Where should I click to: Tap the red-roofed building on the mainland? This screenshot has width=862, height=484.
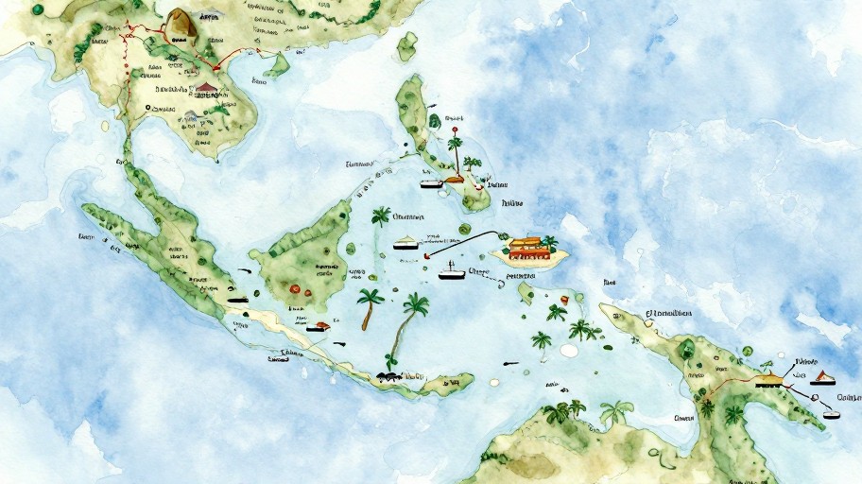pos(206,90)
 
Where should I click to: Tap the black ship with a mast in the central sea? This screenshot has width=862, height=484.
pos(452,274)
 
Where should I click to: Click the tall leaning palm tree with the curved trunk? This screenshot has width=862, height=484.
pos(406,326)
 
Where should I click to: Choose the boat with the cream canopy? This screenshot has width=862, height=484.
pos(405,243)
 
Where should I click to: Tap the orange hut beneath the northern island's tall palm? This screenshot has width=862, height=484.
pos(457,177)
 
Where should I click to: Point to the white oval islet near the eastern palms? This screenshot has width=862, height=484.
pos(568,351)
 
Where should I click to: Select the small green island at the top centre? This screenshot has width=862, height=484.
pos(407,45)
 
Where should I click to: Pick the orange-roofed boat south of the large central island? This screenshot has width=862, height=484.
pos(319,327)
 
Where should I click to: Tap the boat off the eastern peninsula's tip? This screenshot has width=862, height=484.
pos(832,413)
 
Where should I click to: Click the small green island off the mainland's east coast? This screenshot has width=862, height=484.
pos(277,65)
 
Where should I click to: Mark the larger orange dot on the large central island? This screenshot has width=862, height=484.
pos(295,288)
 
